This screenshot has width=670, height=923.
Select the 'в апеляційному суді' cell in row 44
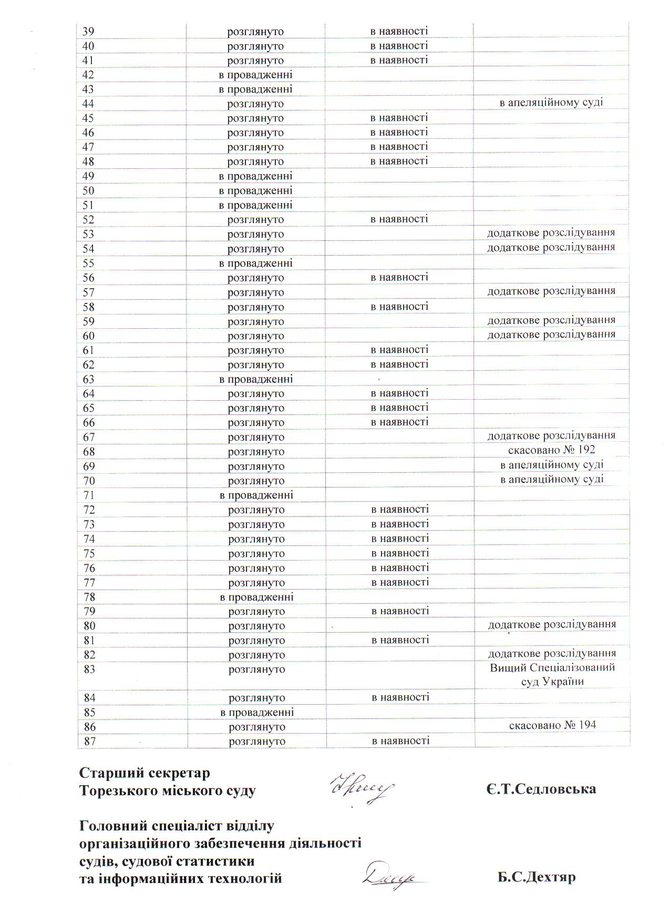pos(551,103)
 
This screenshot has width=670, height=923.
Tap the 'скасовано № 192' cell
pos(551,450)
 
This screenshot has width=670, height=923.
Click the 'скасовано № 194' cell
pos(552,725)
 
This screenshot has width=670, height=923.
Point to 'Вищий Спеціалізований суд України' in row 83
pos(552,675)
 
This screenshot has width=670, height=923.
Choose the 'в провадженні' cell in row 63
pos(256,379)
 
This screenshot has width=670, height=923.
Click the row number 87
pos(89,742)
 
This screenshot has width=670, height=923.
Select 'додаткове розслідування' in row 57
pos(551,291)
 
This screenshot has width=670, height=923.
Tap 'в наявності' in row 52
pos(399,219)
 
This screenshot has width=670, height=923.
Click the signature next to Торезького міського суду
pos(362,789)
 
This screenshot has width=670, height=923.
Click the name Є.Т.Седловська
pos(541,789)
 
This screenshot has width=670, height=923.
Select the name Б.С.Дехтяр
pos(537,878)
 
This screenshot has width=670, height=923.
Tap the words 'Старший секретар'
pos(145,773)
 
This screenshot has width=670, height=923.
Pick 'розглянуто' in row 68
pos(256,452)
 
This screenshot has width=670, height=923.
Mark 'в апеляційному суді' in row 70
pos(552,479)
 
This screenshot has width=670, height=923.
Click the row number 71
pos(89,495)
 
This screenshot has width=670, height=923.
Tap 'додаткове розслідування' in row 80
pos(552,625)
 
